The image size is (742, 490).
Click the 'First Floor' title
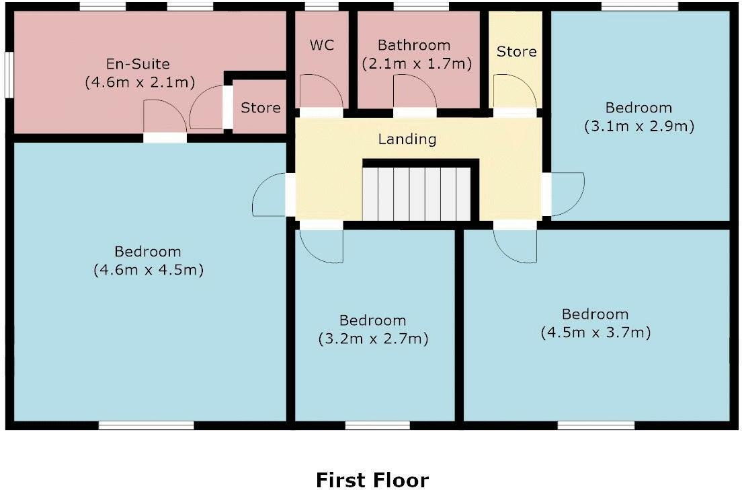click(372, 479)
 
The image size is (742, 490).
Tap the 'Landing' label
click(407, 139)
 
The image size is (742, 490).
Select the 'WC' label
click(321, 46)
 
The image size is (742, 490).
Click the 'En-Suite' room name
click(138, 65)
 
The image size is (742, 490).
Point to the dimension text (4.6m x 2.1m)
click(139, 83)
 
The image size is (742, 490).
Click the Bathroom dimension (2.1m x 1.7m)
click(417, 65)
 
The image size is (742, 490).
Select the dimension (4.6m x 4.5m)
click(148, 270)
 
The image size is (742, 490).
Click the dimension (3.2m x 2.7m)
click(372, 339)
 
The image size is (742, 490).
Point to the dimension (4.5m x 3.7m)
click(595, 332)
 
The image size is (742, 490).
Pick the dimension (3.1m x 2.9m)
click(638, 126)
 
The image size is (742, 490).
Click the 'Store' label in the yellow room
click(516, 52)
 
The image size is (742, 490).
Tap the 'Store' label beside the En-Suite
click(261, 108)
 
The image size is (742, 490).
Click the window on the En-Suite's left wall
click(10, 75)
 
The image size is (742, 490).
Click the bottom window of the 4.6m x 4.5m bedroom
click(146, 425)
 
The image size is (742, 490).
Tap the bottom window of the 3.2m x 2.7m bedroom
click(377, 425)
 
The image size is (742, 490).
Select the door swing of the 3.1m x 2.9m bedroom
click(566, 194)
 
